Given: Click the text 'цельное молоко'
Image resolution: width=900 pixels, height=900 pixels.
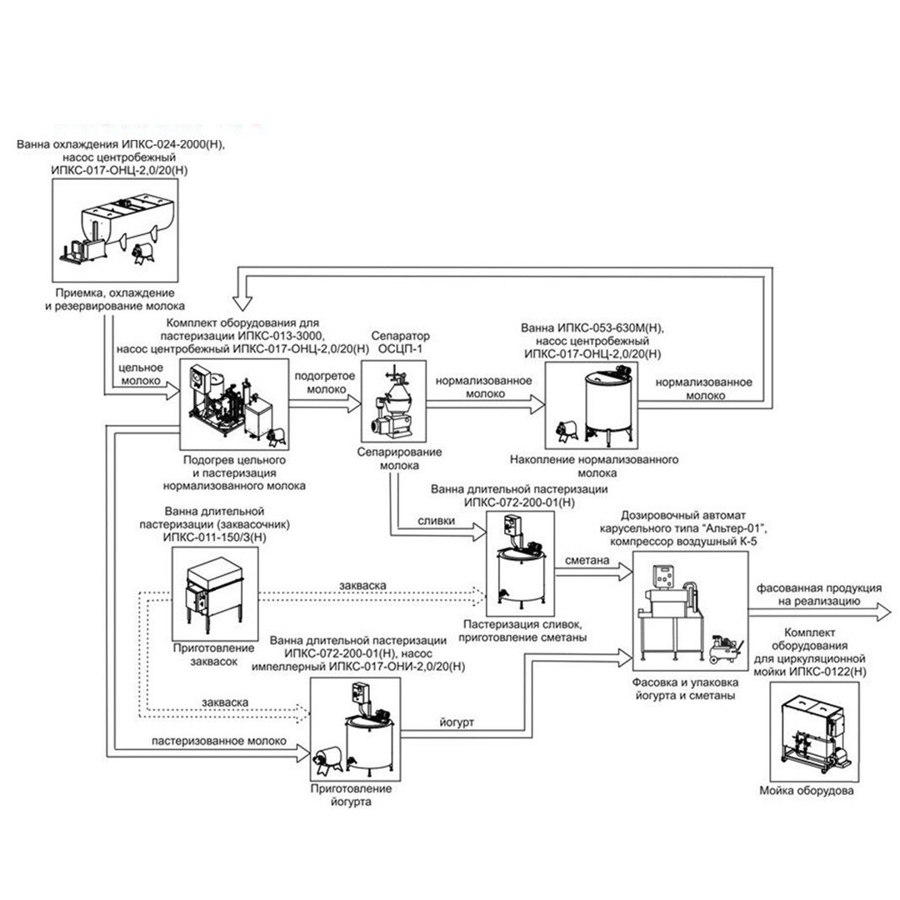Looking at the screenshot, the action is pos(141,373).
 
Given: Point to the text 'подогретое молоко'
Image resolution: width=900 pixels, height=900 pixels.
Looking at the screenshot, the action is pos(325,382).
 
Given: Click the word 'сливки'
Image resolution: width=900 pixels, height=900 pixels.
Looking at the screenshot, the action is pos(436,521).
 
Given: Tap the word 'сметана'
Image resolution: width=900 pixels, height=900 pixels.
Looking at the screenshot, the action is pos(587,560).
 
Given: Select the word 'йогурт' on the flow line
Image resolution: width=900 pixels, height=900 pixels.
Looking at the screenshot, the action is pos(457,722).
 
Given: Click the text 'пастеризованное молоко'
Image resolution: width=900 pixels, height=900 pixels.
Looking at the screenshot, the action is pos(218,741).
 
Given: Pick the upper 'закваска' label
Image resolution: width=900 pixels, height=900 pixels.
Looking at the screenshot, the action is pos(362,585).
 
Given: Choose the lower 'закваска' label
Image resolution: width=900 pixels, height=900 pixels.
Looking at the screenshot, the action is pos(225,702).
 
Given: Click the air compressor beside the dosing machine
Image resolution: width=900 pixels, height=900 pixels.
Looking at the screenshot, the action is pos(727,649).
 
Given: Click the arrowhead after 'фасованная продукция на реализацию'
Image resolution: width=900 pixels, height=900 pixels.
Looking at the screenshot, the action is pos(882,612).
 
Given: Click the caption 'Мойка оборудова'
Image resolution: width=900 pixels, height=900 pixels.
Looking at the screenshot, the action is pos(807,791).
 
